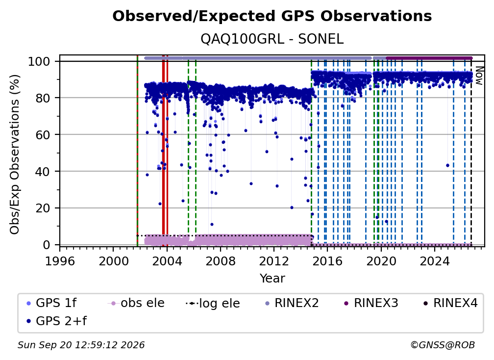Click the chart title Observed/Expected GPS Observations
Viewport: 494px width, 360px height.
coord(272,16)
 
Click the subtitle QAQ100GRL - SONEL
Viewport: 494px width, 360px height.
coord(272,39)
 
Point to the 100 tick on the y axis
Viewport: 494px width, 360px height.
coord(39,61)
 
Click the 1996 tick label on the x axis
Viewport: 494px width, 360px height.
coord(60,261)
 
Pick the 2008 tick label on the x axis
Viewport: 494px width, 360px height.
coord(220,261)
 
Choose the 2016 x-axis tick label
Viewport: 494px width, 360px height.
coord(327,261)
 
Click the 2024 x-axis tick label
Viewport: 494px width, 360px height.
coord(434,261)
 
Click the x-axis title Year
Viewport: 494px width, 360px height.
coord(272,279)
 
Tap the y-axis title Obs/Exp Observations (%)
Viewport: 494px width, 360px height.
coord(15,154)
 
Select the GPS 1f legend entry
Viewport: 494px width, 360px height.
coord(51,303)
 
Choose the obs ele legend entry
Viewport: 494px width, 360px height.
coord(136,303)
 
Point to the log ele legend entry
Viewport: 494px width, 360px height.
coord(213,304)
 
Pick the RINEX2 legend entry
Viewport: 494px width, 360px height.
coord(292,303)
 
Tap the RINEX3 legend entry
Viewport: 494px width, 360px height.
coord(371,303)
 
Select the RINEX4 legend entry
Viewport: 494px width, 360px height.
coord(451,303)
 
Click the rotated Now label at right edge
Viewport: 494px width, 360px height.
coord(479,76)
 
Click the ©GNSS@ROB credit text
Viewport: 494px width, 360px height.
coord(443,345)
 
